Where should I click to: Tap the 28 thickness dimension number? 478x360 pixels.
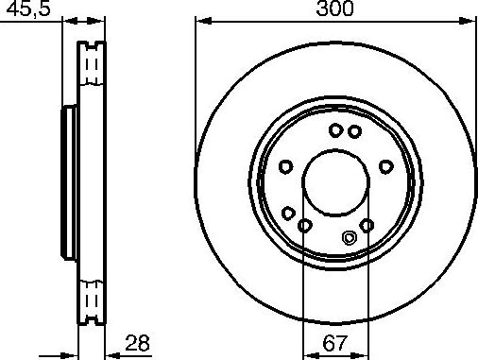[138, 344]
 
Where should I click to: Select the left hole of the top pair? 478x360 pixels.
[334, 131]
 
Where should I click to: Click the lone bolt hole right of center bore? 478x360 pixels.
[385, 165]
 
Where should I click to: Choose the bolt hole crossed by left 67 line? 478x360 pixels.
[303, 225]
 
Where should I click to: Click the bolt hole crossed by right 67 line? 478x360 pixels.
[367, 224]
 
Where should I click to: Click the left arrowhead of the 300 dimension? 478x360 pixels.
[200, 20]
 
